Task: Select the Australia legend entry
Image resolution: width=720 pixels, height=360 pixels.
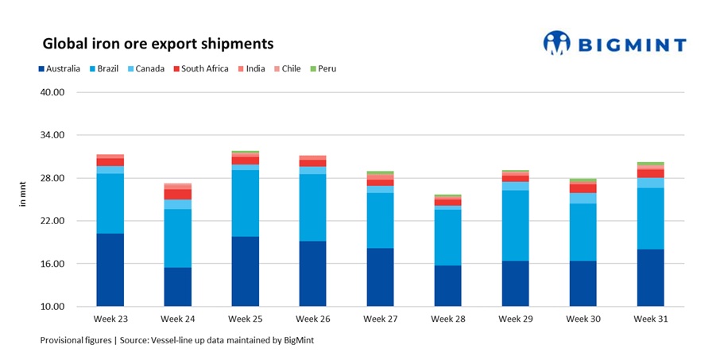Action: tap(58, 69)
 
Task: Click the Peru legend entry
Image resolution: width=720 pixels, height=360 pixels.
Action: tap(322, 69)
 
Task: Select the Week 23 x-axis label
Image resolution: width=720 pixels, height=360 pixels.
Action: tap(110, 319)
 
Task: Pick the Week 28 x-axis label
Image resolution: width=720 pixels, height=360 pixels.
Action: tap(448, 319)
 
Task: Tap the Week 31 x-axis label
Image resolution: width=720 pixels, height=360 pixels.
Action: tap(651, 319)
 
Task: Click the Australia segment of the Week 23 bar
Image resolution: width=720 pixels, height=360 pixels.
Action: tap(110, 270)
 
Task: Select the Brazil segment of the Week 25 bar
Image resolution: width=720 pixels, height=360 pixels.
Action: tap(246, 203)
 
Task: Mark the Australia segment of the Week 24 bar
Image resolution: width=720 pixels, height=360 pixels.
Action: tap(178, 287)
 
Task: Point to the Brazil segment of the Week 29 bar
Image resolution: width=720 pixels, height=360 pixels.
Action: tap(516, 226)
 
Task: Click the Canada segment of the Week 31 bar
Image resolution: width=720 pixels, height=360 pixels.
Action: tap(651, 183)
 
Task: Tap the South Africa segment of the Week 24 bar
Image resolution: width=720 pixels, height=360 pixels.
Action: tap(178, 195)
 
